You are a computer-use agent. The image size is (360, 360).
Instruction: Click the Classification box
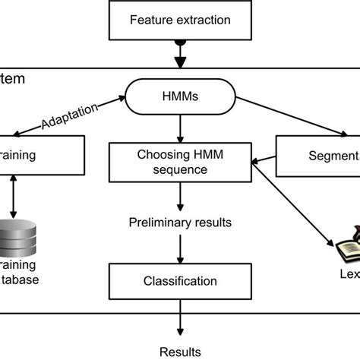point(179,281)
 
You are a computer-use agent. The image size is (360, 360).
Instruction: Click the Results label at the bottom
point(180,351)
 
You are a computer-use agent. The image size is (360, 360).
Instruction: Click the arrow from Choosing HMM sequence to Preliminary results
point(180,197)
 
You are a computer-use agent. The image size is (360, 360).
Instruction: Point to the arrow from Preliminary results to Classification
point(180,248)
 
